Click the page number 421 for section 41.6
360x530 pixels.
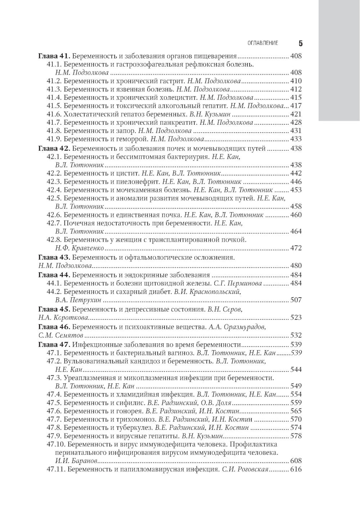296,114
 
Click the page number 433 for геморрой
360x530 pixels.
296,139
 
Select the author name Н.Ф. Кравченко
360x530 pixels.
80,248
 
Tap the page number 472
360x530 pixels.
296,248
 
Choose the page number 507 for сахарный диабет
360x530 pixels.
296,300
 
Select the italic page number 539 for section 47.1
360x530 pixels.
296,353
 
